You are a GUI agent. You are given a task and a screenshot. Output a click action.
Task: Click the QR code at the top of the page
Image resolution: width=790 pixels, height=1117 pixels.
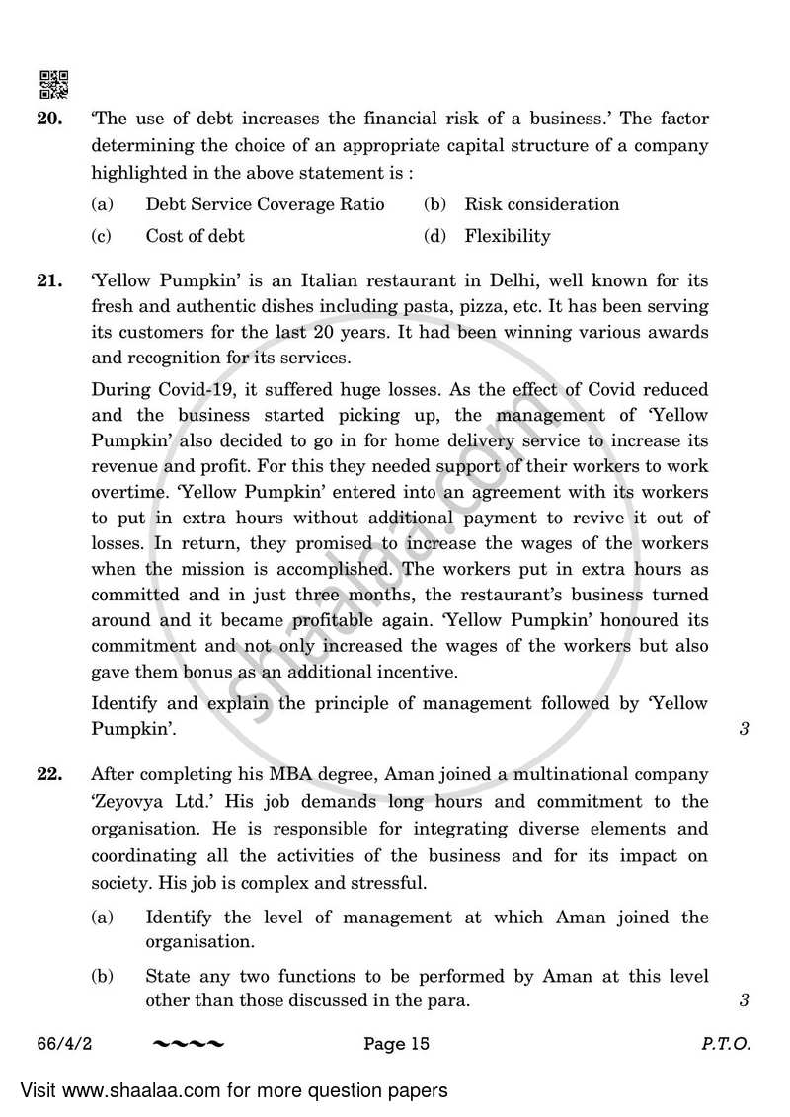53,86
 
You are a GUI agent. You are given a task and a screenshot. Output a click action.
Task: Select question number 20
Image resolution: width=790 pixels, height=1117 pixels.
50,120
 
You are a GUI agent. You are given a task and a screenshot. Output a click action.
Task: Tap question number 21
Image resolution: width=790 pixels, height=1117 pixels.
50,281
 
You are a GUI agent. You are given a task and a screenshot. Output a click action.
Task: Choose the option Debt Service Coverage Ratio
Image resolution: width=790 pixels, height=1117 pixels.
265,204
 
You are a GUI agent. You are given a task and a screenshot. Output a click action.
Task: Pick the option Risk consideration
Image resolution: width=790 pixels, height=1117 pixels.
541,204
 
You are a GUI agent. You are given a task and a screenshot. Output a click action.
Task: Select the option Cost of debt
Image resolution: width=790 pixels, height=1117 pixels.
195,236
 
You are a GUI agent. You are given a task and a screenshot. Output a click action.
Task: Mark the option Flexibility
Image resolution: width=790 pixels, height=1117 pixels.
508,236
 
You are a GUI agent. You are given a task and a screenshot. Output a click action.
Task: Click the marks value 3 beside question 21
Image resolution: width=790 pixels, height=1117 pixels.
743,732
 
